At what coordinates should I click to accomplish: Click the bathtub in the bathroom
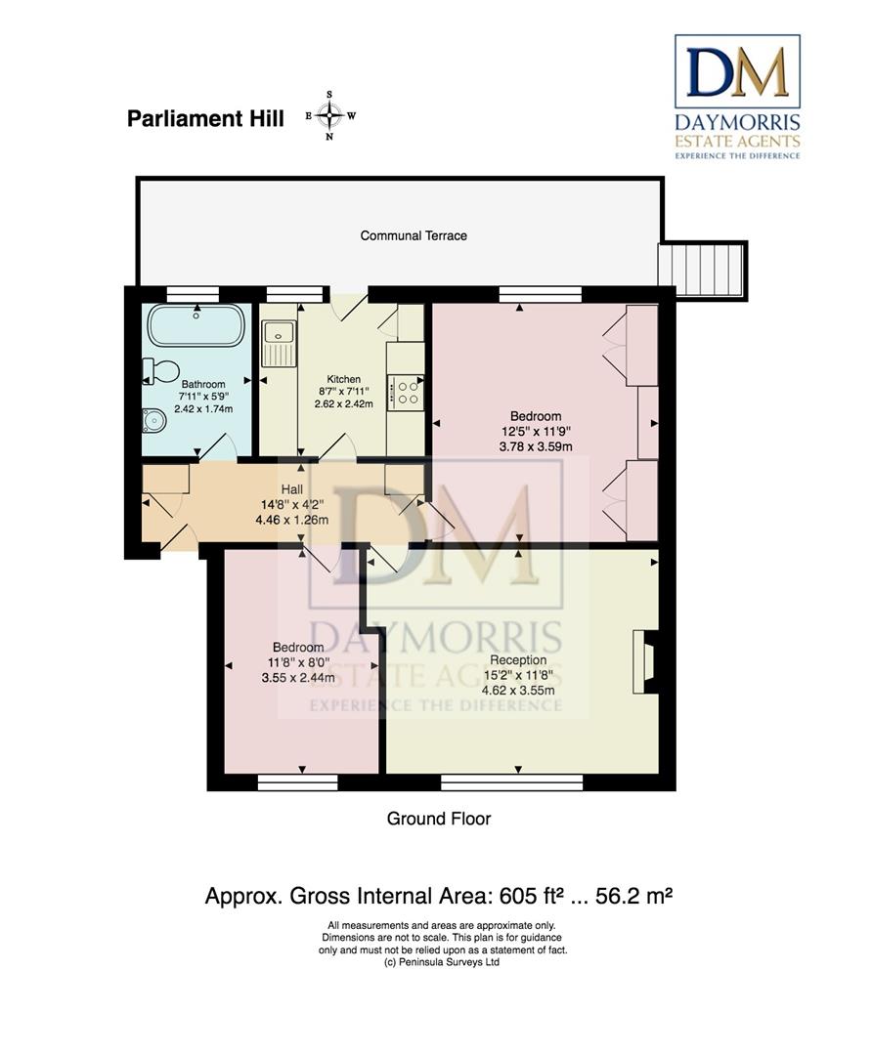pos(196,325)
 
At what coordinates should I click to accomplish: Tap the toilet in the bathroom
pos(161,371)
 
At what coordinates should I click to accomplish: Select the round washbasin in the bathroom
pos(154,421)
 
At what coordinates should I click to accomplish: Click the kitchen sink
pos(279,343)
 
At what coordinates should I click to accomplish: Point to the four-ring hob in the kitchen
pos(406,393)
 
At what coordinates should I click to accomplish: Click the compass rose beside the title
pos(330,115)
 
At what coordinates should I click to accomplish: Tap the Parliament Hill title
pos(205,118)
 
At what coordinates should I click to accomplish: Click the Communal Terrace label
pos(414,235)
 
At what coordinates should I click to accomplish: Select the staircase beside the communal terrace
pos(701,270)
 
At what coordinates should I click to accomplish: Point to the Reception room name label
pos(518,660)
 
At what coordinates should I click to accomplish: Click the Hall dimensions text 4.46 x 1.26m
pos(292,520)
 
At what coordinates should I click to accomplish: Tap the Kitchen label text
pos(343,379)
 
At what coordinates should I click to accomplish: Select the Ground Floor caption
pos(439,819)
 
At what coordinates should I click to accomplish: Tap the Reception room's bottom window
pos(511,781)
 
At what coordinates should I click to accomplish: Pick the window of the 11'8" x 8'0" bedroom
pos(297,781)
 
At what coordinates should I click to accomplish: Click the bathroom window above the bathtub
pos(193,295)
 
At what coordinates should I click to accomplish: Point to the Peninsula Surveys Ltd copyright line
pos(442,963)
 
